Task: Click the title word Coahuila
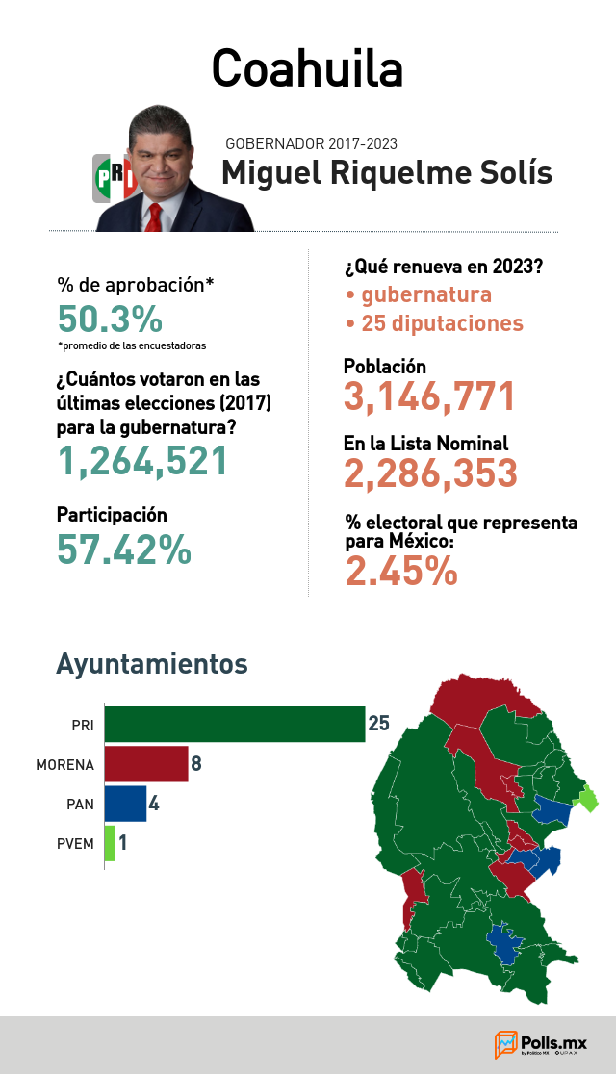[307, 68]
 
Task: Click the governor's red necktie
[154, 217]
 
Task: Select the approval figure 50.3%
[110, 319]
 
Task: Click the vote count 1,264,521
[142, 461]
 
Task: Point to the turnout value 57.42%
[124, 550]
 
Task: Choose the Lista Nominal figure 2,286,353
[430, 473]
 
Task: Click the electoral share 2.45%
[401, 572]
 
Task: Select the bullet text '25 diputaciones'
[442, 323]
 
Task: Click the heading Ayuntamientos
[152, 664]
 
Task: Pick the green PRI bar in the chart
[235, 724]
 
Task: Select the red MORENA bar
[146, 764]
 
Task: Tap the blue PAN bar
[125, 804]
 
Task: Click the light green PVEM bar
[110, 843]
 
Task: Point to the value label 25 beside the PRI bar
[379, 724]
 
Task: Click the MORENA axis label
[65, 764]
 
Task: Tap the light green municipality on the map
[587, 799]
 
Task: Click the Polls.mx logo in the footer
[541, 1044]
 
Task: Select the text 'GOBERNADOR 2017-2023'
[311, 143]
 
